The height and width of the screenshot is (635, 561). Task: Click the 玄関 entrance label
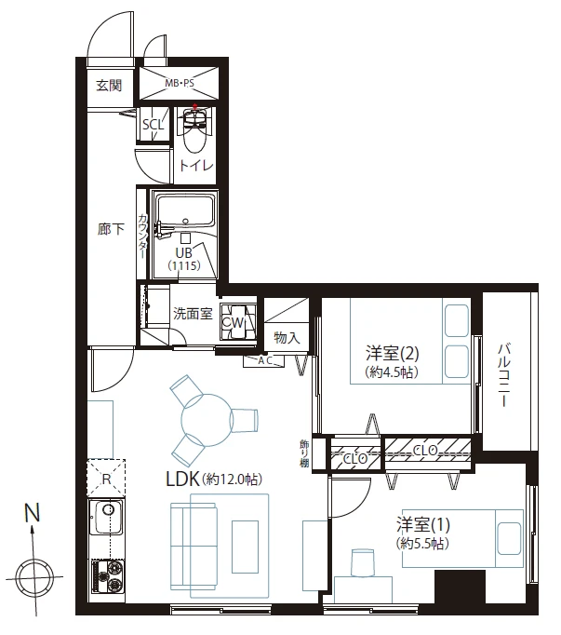coord(109,86)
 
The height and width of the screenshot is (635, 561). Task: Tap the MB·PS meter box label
coord(180,84)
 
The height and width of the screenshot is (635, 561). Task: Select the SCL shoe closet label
coord(153,125)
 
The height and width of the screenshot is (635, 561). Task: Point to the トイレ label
coord(196,165)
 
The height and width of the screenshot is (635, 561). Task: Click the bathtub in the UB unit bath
coord(185,211)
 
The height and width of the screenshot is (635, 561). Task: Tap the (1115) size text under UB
coord(184,265)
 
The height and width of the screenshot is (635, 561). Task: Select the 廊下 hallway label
coord(111,230)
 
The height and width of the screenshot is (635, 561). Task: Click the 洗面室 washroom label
coord(193,314)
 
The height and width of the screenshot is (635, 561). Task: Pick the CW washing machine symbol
coord(238,321)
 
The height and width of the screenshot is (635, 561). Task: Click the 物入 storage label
coord(287,337)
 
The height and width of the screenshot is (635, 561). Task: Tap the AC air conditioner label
coord(265,360)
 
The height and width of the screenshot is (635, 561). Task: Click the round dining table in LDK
coord(207,420)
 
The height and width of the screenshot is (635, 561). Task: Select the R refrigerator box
coord(106,479)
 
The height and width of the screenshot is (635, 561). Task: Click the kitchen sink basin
coord(108,518)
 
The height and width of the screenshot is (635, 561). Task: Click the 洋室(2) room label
coord(393,353)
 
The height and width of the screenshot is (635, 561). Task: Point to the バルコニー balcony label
coord(504,374)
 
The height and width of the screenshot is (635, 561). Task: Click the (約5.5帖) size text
coord(422,543)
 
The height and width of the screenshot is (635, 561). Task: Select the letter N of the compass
coord(33,512)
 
